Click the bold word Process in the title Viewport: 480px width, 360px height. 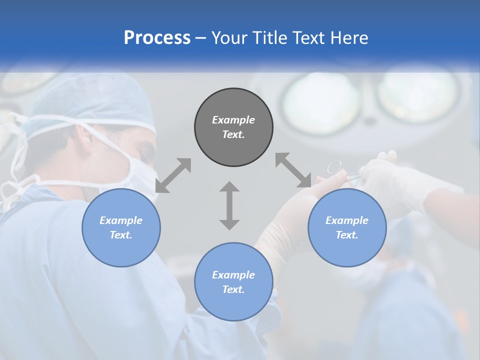(x=157, y=37)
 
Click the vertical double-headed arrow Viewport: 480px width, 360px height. (x=229, y=205)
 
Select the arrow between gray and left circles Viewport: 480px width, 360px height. (x=173, y=175)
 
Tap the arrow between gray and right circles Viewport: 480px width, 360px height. (x=293, y=170)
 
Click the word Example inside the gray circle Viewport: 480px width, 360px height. (x=233, y=120)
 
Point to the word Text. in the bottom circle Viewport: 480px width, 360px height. (x=233, y=289)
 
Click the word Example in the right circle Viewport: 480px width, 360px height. (x=347, y=220)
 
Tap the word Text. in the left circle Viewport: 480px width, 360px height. (x=121, y=235)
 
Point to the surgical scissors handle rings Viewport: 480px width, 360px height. (x=334, y=166)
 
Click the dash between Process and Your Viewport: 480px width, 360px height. (x=201, y=38)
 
